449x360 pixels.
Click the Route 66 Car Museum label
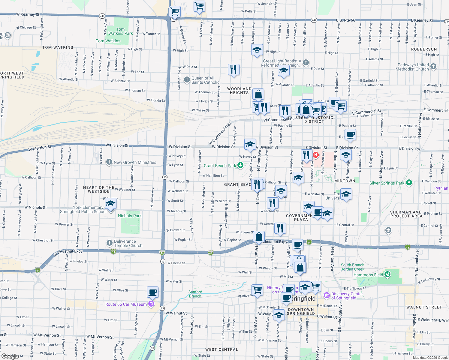[126, 304]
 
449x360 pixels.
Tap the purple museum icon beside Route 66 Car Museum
[151, 304]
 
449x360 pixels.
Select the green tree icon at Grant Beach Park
[240, 165]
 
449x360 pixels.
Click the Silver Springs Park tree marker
[409, 183]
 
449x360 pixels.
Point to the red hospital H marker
[316, 155]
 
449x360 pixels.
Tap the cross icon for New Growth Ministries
[109, 162]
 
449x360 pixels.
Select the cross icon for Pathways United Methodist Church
[433, 67]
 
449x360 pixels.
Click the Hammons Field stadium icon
[387, 274]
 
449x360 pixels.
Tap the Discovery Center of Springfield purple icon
[327, 295]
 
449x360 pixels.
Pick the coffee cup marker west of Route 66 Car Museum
[152, 292]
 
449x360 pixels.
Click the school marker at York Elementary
[110, 204]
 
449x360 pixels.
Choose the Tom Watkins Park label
[120, 31]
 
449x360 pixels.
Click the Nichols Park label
[130, 216]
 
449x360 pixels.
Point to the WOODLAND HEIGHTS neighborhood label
[239, 91]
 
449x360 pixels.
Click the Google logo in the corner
[10, 356]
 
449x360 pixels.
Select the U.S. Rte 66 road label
[345, 20]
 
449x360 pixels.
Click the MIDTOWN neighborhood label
[345, 181]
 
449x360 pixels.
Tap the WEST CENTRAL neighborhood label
[221, 349]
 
